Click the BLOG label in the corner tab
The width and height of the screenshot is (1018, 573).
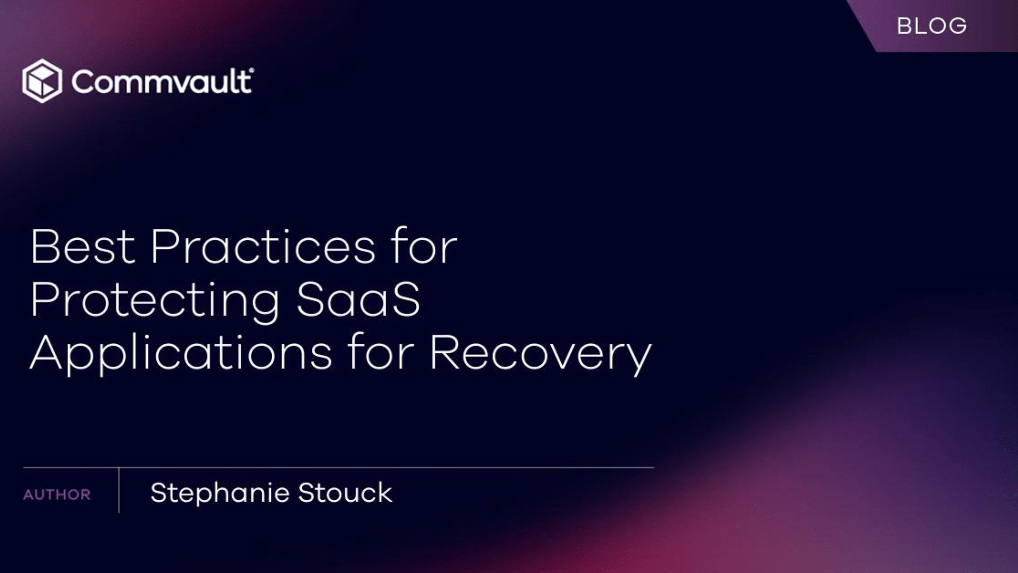click(x=932, y=26)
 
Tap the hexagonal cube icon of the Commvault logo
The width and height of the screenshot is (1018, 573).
click(x=42, y=81)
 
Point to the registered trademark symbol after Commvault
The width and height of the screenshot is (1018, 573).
click(x=252, y=70)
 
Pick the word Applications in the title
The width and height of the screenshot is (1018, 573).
click(x=181, y=353)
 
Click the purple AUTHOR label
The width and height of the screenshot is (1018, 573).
click(x=57, y=495)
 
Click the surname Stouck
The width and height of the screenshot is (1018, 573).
click(x=345, y=493)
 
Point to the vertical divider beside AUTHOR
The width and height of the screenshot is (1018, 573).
click(x=119, y=490)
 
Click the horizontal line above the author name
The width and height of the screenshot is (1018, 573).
click(x=339, y=467)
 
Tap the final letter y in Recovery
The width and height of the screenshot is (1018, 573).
click(x=639, y=359)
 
